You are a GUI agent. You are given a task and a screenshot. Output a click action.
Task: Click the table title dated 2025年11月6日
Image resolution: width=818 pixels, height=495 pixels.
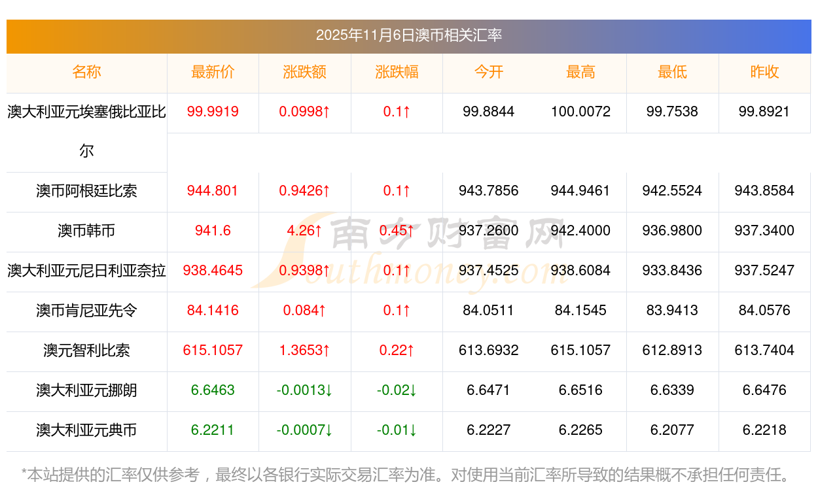click(408, 35)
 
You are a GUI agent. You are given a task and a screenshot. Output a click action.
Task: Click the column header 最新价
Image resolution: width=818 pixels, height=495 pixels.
click(213, 72)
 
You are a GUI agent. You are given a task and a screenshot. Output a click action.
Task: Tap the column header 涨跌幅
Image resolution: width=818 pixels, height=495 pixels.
click(397, 72)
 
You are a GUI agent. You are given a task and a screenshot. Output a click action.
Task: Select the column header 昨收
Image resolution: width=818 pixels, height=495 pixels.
click(764, 72)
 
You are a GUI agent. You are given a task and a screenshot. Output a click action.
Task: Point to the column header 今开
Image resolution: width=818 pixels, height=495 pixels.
click(488, 72)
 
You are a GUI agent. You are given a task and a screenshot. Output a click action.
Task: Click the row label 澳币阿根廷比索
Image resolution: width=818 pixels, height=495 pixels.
click(86, 191)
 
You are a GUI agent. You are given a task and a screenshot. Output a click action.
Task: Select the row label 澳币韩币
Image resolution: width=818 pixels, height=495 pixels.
click(86, 231)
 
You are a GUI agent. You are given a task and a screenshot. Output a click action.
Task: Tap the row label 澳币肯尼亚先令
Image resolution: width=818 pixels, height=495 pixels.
click(86, 311)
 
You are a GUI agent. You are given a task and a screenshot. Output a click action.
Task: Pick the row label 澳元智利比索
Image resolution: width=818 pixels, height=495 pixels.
click(86, 350)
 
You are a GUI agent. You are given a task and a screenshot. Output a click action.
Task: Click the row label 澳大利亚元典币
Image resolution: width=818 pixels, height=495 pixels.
click(86, 430)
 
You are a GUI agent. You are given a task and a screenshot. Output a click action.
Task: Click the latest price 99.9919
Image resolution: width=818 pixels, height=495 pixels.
click(213, 112)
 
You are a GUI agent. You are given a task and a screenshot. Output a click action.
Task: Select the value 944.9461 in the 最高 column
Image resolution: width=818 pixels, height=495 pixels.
click(580, 191)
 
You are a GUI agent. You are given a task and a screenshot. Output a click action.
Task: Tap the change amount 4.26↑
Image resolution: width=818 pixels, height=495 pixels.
click(304, 231)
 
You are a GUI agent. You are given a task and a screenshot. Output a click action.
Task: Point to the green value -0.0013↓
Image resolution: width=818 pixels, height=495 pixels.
click(304, 390)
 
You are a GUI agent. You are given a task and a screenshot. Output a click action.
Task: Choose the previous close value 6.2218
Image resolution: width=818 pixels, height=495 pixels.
click(764, 430)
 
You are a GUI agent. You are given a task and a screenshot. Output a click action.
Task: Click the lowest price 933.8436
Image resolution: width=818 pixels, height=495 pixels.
click(672, 271)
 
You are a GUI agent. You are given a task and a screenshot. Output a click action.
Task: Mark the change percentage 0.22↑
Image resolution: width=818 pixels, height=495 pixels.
click(397, 350)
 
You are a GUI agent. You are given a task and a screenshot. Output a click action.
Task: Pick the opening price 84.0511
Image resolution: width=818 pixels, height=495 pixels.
click(488, 311)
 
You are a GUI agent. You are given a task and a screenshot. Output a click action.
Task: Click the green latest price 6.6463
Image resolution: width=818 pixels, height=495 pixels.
click(213, 390)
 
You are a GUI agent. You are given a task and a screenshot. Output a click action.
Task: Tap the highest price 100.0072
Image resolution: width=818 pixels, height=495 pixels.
click(580, 112)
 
